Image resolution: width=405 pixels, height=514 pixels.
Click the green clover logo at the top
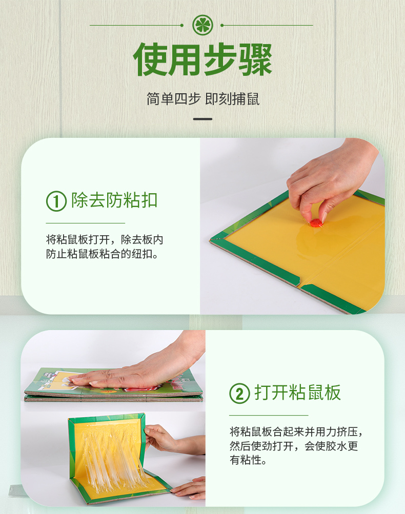(x=202, y=25)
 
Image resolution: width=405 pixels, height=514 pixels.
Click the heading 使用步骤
(x=202, y=59)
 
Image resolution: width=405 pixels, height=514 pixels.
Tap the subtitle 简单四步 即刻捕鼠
(x=202, y=99)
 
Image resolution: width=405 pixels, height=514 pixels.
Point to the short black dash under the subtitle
(x=202, y=119)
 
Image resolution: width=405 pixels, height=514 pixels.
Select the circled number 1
(x=56, y=201)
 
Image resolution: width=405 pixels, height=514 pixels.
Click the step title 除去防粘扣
(x=114, y=200)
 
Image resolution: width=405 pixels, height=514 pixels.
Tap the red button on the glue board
(x=316, y=223)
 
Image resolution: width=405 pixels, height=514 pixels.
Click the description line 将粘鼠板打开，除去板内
(x=105, y=240)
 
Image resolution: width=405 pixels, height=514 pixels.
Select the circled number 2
(x=239, y=393)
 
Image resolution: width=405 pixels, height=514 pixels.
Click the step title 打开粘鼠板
(x=298, y=393)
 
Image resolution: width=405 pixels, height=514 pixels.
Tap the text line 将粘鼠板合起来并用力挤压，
(x=296, y=432)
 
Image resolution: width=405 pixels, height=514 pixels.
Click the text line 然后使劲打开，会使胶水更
(x=294, y=446)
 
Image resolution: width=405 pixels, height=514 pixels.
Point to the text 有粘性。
(x=248, y=460)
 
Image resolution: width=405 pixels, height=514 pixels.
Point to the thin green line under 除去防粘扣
(x=85, y=223)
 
